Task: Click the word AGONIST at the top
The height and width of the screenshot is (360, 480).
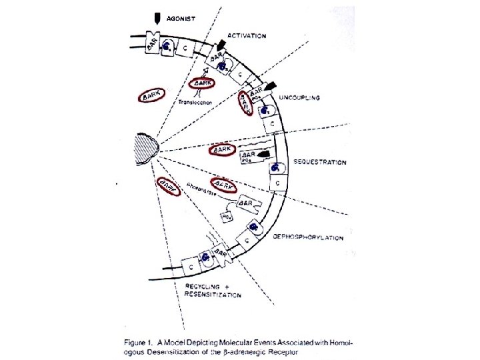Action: point(181,18)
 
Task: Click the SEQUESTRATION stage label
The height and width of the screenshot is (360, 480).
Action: point(320,162)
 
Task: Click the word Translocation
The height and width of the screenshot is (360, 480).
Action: point(195,102)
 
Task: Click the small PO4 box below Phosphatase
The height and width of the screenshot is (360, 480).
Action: point(226,217)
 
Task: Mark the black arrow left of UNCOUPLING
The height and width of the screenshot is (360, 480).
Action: point(269,87)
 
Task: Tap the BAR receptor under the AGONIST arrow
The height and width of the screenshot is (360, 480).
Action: point(155,44)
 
